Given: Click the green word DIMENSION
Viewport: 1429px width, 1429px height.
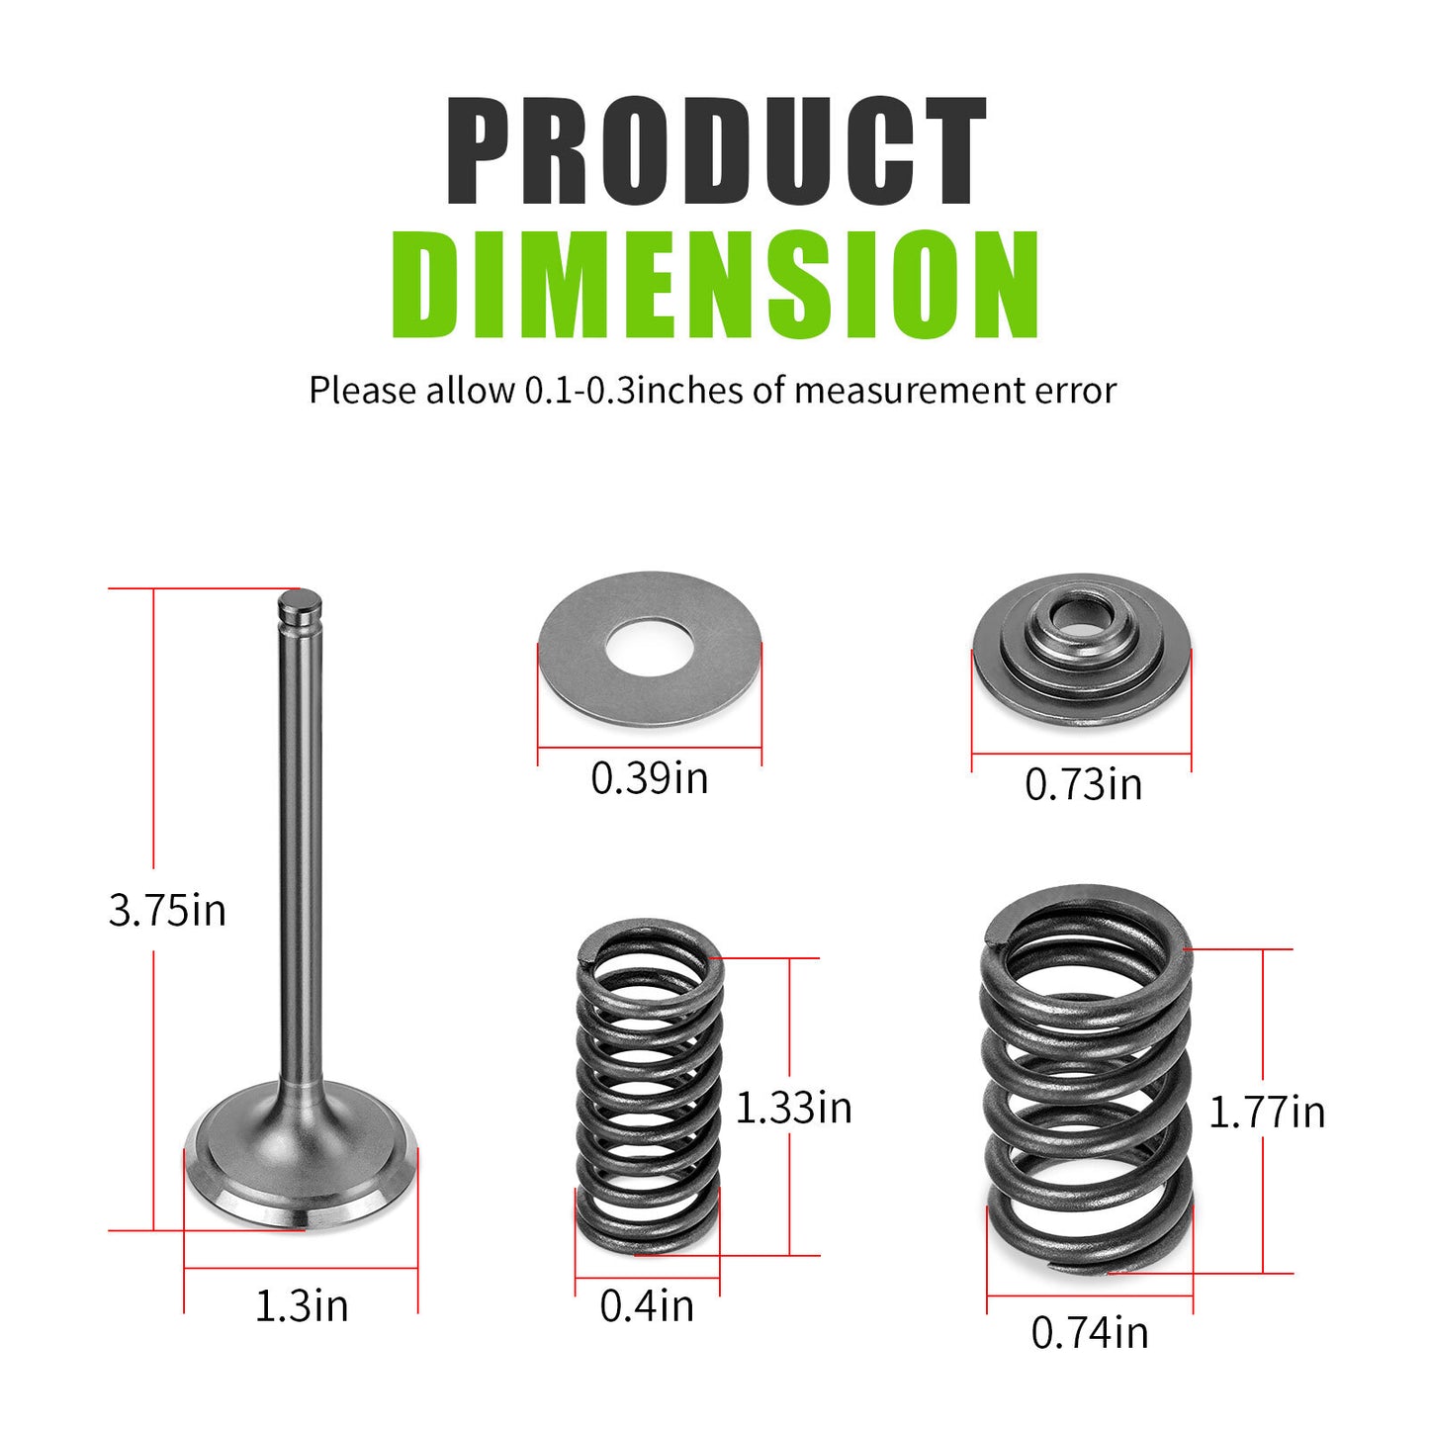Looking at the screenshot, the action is click(715, 285).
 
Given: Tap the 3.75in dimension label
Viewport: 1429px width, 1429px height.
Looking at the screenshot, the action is click(167, 910).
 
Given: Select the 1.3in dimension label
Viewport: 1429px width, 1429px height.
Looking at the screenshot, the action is click(301, 1306).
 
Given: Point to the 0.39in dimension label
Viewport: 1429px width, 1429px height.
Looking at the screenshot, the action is click(650, 778).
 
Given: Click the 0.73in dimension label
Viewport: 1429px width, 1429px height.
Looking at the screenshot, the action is click(1084, 784).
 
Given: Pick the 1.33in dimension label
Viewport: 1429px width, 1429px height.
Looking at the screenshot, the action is click(793, 1108).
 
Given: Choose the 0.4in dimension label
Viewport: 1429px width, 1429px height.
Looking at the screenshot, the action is click(647, 1306).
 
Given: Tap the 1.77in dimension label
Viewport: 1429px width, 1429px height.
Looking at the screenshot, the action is click(1267, 1113).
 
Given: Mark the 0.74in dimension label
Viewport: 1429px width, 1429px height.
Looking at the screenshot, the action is click(1090, 1333).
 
